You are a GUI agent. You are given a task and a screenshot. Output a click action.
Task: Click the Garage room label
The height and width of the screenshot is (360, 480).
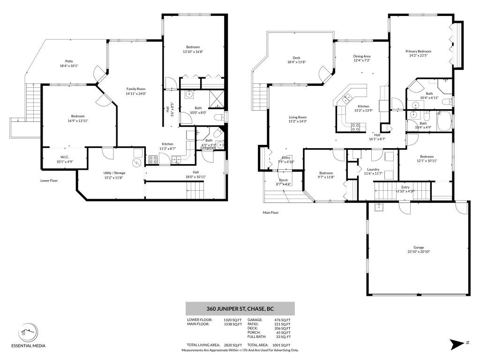pyautogui.click(x=418, y=247)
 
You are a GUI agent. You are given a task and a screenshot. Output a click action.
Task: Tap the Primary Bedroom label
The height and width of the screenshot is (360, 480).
pyautogui.click(x=418, y=51)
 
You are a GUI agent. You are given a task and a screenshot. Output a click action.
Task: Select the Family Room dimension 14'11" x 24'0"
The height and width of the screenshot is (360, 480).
pyautogui.click(x=136, y=93)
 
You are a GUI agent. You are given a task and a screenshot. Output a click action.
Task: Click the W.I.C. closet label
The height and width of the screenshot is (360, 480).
pyautogui.click(x=64, y=157)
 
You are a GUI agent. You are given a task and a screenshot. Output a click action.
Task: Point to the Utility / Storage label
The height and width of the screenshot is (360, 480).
pyautogui.click(x=114, y=173)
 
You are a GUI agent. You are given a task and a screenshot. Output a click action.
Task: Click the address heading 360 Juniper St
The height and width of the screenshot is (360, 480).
pyautogui.click(x=240, y=309)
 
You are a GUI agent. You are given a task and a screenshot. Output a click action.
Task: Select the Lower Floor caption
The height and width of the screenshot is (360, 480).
pyautogui.click(x=49, y=180)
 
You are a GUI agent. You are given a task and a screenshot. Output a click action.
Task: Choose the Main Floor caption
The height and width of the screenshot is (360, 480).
pyautogui.click(x=270, y=212)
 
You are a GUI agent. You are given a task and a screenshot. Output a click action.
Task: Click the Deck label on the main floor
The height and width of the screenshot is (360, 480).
pyautogui.click(x=296, y=57)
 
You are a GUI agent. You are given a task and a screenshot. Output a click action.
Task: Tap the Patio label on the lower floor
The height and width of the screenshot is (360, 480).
pyautogui.click(x=69, y=61)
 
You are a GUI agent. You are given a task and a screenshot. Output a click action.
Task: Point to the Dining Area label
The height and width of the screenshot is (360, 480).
pyautogui.click(x=361, y=56)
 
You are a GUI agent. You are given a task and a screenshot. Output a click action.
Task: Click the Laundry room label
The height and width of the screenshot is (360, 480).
pyautogui.click(x=373, y=169)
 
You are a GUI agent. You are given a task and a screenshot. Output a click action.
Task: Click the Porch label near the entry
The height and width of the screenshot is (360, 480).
pyautogui.click(x=284, y=180)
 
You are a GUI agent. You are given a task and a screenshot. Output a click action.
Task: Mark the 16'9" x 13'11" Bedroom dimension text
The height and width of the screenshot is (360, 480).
pyautogui.click(x=78, y=121)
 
